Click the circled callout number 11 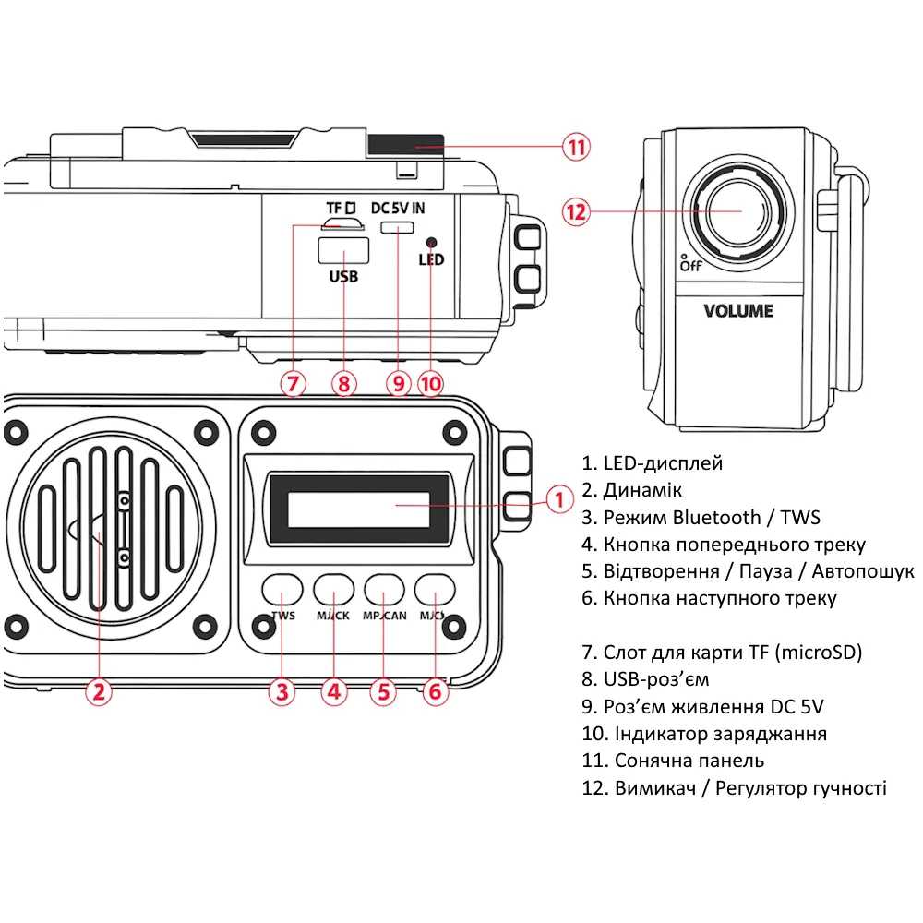coord(577,147)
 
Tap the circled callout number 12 coord(575,211)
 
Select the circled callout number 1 coord(559,500)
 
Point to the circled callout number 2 coord(99,691)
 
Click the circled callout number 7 coord(293,383)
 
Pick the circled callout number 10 coord(430,383)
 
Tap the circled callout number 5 coord(383,691)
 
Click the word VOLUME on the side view coord(737,311)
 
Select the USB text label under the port coord(342,276)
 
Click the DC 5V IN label coord(398,208)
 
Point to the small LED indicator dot coord(430,241)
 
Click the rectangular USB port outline coord(342,250)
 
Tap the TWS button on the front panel coord(282,588)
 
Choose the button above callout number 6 coord(436,588)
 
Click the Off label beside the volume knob coord(690,265)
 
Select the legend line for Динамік coord(632,490)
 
